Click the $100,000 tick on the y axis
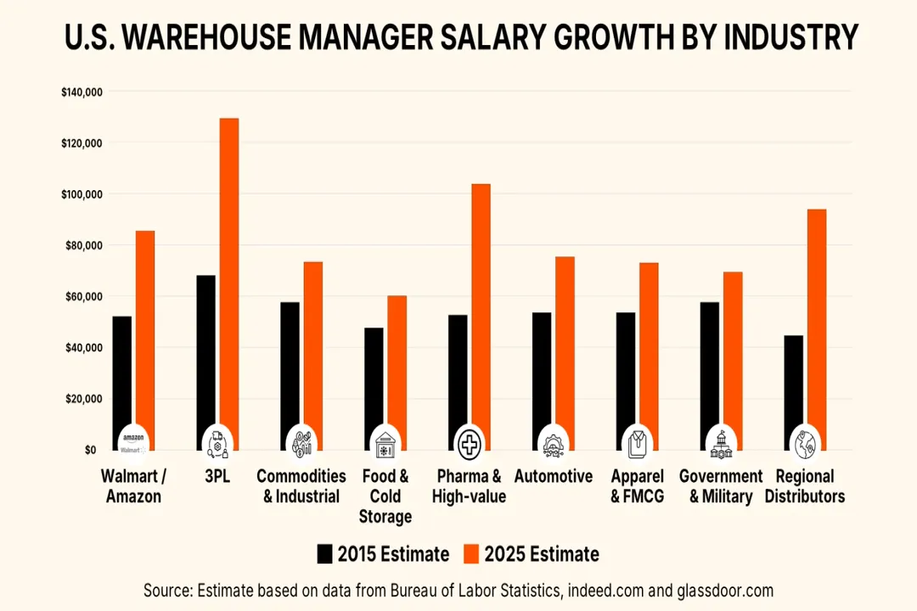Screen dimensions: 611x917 82,194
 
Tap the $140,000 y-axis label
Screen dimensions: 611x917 82,92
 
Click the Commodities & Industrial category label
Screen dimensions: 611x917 301,486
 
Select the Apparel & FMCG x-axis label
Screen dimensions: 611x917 637,486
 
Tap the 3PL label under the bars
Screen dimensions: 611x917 217,477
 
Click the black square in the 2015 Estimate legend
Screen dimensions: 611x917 324,554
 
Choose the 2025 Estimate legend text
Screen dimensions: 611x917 541,554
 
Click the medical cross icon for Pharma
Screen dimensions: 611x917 469,442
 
